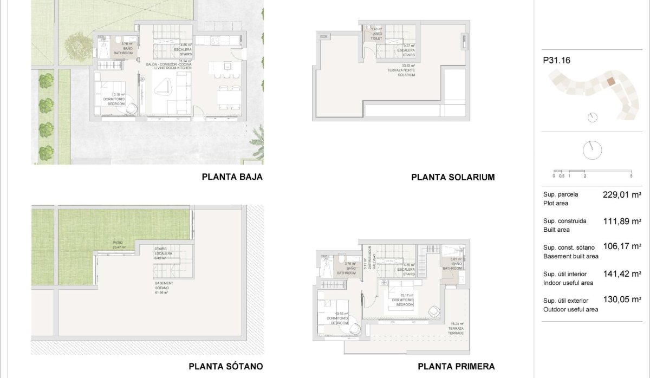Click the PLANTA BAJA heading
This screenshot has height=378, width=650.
coord(232,177)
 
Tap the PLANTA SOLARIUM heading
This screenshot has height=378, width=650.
coord(453,177)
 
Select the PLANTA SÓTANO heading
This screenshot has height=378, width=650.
coord(225,366)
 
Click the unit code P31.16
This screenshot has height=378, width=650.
coord(556,61)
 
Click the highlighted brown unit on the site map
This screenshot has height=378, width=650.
coord(610,82)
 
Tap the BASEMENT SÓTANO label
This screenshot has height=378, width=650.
coord(164,287)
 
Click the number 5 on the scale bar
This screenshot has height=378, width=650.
coord(632,176)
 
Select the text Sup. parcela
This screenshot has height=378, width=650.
coord(561,194)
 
